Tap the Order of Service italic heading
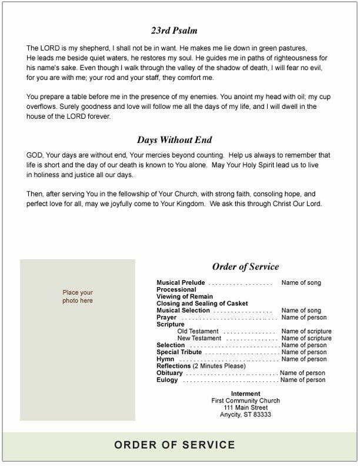(x=245, y=267)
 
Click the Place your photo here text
(x=78, y=297)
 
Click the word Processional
(x=176, y=290)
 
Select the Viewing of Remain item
(x=185, y=297)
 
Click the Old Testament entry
(x=198, y=331)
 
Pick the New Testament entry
(x=199, y=338)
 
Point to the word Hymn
(x=165, y=359)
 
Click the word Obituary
(x=170, y=373)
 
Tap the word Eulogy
(x=168, y=380)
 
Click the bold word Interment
(x=246, y=394)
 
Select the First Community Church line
(x=246, y=401)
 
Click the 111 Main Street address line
(x=246, y=408)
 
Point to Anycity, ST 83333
(x=246, y=415)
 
